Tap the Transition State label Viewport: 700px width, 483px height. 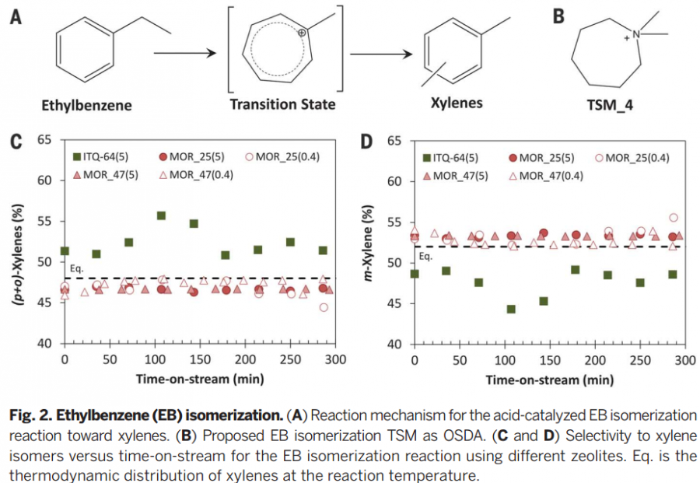point(283,104)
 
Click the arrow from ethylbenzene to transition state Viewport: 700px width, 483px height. point(184,54)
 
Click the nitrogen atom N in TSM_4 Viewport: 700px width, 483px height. point(635,34)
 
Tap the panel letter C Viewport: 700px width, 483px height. point(15,142)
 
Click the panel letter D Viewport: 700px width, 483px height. point(366,142)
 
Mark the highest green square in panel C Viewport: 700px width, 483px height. point(161,215)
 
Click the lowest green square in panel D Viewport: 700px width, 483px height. point(511,309)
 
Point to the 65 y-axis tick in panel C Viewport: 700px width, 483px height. point(45,140)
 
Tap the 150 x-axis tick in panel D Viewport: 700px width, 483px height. point(550,361)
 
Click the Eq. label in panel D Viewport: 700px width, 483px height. point(425,256)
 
